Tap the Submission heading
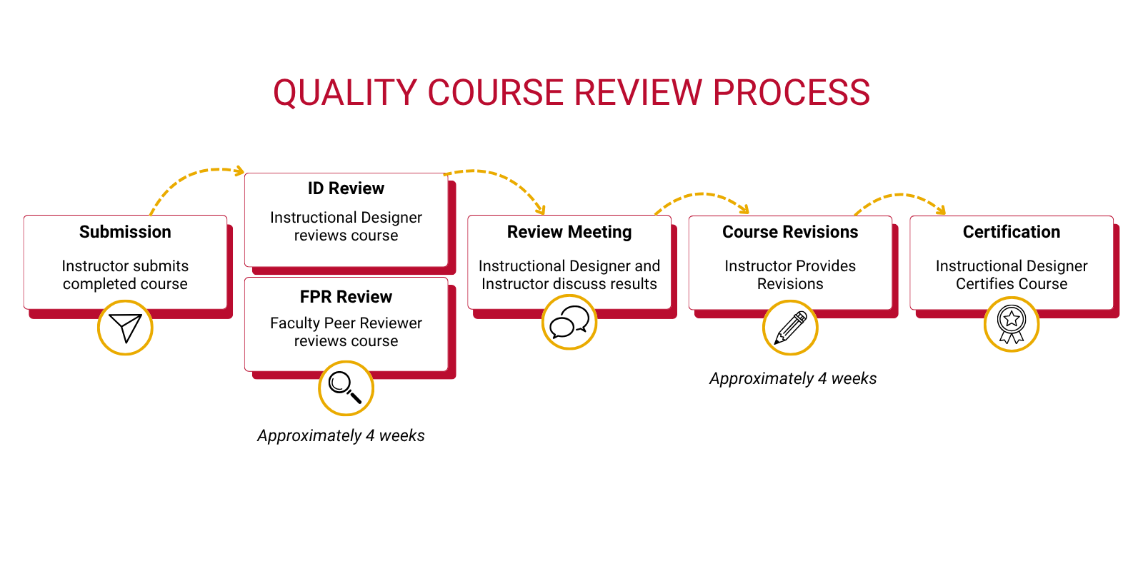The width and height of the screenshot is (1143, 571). pyautogui.click(x=125, y=232)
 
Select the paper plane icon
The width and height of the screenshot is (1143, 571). pyautogui.click(x=125, y=328)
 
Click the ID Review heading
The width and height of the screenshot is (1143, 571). pyautogui.click(x=346, y=188)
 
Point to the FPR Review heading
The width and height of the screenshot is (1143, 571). pyautogui.click(x=346, y=297)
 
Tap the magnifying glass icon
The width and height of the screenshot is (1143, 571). pyautogui.click(x=346, y=388)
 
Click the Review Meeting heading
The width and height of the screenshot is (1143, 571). pyautogui.click(x=569, y=232)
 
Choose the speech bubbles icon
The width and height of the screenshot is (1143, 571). pyautogui.click(x=569, y=322)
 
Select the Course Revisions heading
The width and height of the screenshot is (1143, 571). pyautogui.click(x=790, y=232)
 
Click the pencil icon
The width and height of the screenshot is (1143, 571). pyautogui.click(x=790, y=328)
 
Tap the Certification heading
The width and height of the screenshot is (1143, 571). pyautogui.click(x=1012, y=232)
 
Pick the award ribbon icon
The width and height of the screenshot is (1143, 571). pyautogui.click(x=1012, y=325)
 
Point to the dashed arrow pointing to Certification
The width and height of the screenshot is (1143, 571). pyautogui.click(x=900, y=195)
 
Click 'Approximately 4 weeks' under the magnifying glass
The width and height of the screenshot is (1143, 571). pyautogui.click(x=341, y=435)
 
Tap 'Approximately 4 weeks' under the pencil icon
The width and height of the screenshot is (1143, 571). pyautogui.click(x=793, y=378)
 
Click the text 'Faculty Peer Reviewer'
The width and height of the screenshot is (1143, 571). pyautogui.click(x=346, y=323)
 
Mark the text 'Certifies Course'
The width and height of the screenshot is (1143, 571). pyautogui.click(x=1012, y=284)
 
